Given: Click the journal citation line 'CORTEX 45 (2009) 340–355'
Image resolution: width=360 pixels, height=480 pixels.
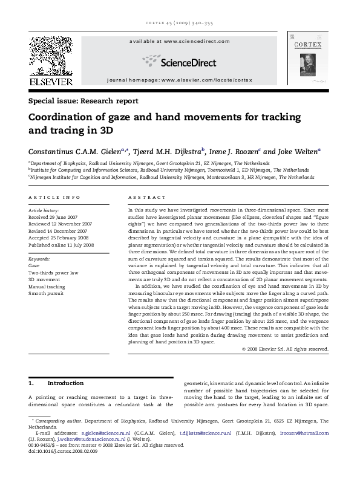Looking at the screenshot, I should pos(180,25).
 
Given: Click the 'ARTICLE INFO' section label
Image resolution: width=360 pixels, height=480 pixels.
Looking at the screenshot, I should pos(54,197).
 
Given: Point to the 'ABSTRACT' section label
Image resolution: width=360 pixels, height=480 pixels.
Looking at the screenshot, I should pos(146,197).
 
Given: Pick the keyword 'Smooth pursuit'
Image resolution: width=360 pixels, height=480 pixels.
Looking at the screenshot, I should pos(48,294).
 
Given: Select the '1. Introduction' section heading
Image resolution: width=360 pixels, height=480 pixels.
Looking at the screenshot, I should pos(57,383).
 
